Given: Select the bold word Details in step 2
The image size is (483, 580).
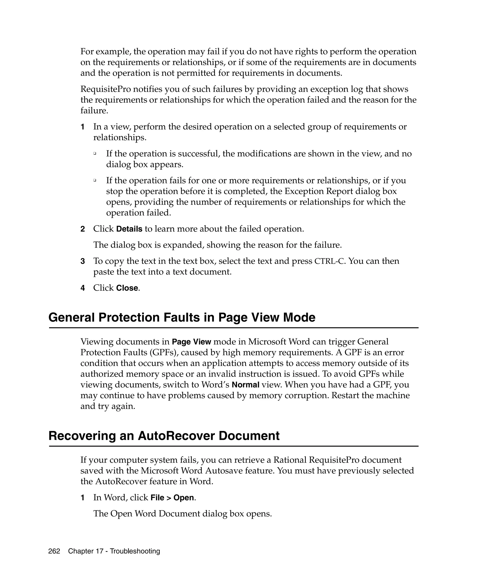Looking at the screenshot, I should [129, 229].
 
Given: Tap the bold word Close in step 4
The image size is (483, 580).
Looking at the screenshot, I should [127, 288].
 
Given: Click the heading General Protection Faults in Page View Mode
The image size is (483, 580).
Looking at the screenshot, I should [182, 317].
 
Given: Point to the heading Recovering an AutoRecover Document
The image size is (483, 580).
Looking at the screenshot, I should [164, 436].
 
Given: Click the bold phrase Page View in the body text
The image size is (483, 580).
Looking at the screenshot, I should [191, 342].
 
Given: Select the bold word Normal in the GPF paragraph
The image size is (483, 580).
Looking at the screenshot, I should [245, 385].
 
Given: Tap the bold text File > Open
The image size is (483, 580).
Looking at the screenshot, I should [172, 497].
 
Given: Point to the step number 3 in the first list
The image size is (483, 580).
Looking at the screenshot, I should [83, 261].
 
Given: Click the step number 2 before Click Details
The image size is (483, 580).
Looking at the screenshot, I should [83, 229].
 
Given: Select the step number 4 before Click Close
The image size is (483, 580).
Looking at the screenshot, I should [83, 288].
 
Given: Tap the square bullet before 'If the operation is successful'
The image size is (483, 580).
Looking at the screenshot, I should [95, 153].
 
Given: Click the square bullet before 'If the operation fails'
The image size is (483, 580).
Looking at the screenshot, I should [95, 180].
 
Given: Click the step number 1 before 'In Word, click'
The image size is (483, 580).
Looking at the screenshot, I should [83, 497].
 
